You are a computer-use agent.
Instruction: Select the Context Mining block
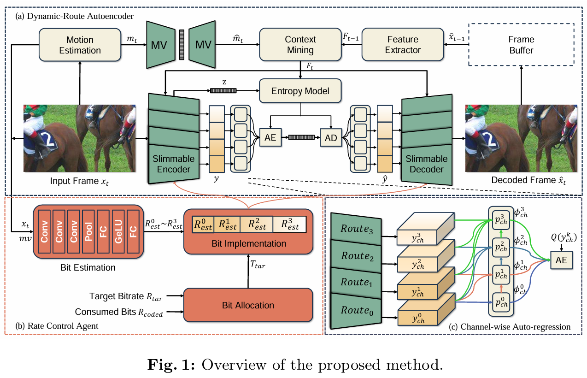300,44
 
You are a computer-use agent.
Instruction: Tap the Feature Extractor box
402,44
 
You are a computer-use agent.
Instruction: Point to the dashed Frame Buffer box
521,44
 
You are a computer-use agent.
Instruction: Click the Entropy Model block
300,91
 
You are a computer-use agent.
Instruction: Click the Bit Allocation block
248,305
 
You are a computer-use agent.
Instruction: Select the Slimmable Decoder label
426,164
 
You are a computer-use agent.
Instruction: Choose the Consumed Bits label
118,312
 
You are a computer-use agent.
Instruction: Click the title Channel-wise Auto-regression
510,326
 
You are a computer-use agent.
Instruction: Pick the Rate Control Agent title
57,326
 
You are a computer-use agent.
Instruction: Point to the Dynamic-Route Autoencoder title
75,16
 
